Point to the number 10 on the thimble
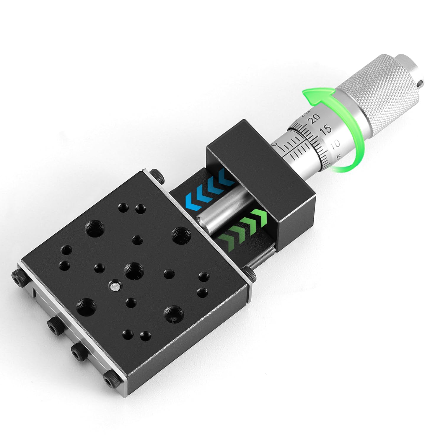point(335,144)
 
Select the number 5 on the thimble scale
point(338,157)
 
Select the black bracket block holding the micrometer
point(260,171)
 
